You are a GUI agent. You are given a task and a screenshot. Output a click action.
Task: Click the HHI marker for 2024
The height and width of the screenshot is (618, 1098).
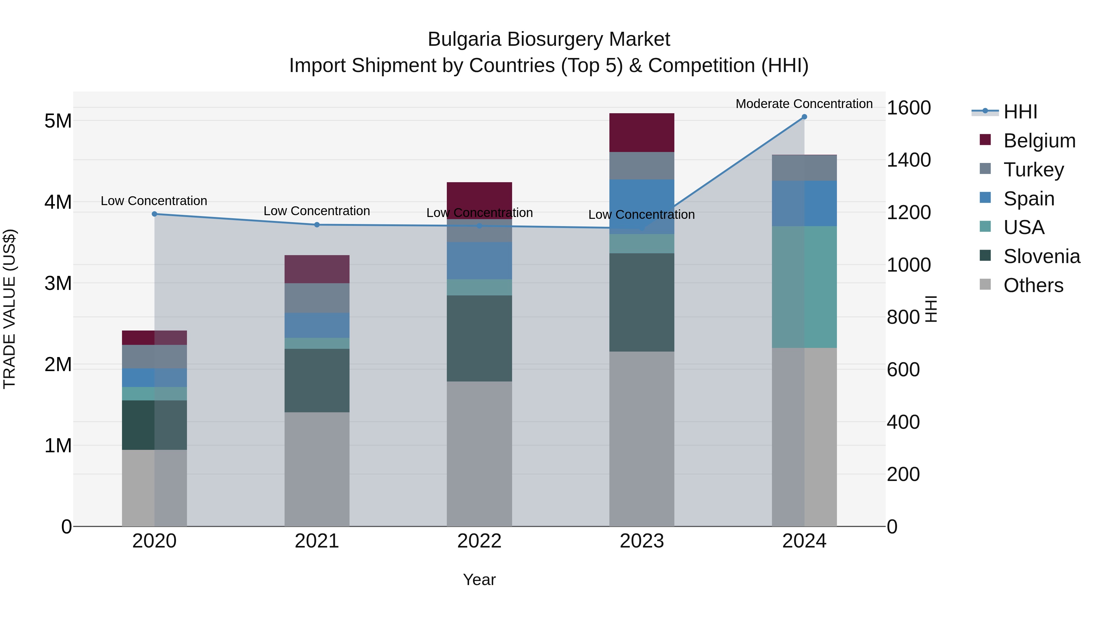tap(804, 117)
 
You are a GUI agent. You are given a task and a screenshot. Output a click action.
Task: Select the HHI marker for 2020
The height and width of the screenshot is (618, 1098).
tap(154, 214)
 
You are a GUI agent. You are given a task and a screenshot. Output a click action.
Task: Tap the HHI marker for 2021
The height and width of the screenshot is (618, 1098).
tap(317, 225)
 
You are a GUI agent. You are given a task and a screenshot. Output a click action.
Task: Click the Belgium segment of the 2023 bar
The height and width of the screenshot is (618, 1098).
tap(641, 133)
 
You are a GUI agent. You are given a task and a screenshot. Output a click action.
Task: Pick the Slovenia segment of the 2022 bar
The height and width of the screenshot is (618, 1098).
tap(479, 338)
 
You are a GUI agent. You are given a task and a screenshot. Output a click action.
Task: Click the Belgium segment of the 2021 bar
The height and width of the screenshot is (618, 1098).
tap(317, 269)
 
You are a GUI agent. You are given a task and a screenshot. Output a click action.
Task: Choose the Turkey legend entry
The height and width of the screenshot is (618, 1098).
tap(1034, 170)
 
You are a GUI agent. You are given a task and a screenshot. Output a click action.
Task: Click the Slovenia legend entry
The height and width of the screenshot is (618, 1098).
tap(1041, 256)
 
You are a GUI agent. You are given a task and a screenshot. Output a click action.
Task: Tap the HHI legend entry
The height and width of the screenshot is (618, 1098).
tap(1020, 112)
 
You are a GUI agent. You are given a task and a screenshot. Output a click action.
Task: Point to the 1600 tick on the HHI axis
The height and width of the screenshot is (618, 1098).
tap(908, 108)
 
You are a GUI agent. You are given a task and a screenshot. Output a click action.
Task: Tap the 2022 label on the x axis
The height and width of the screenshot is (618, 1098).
tap(479, 541)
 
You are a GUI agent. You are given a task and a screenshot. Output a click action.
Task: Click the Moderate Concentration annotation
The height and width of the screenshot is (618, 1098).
tap(804, 104)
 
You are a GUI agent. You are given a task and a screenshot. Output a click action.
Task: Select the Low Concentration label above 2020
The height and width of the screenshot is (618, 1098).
tap(154, 201)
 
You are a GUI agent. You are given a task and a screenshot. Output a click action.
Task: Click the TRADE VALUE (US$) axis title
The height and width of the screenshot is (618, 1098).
tap(9, 309)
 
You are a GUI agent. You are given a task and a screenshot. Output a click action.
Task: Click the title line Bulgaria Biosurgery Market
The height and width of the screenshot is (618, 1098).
tap(549, 39)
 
